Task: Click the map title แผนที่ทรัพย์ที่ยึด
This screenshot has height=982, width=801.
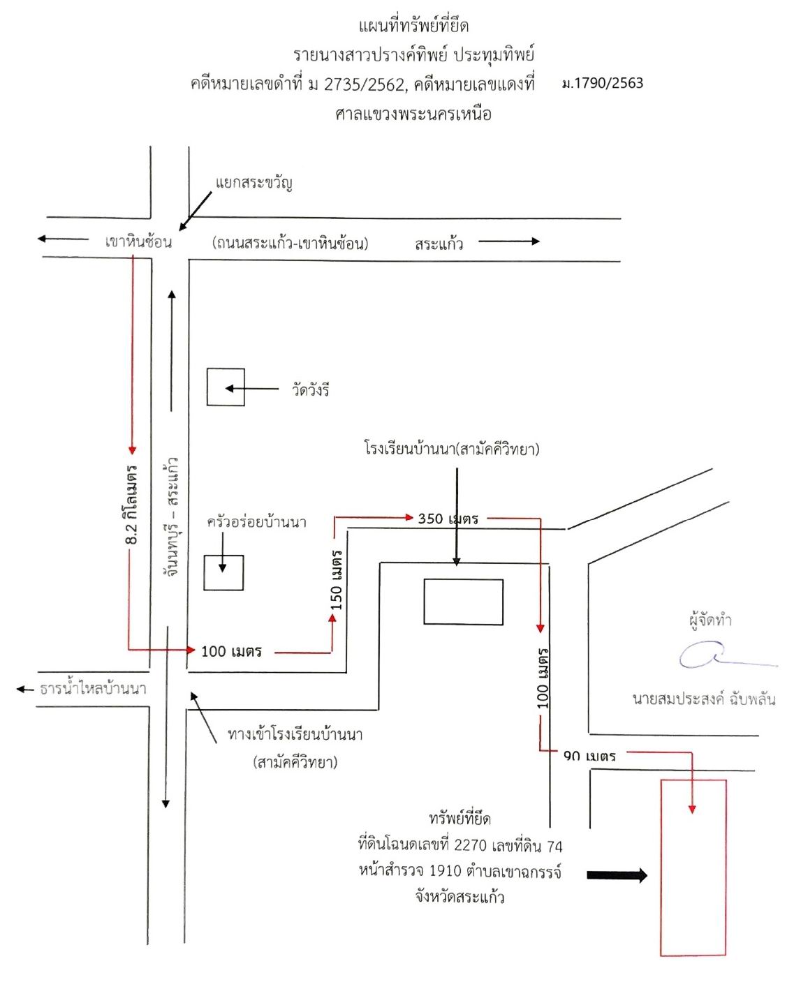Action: pos(413,26)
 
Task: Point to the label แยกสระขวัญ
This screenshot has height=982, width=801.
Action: pos(254,182)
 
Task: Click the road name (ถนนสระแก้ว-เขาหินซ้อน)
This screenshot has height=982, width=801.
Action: pos(291,243)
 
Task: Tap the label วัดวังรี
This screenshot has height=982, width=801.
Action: pos(310,389)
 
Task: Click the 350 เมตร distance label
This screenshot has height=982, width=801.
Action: pos(448,519)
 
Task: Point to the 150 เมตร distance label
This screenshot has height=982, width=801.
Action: pos(337,580)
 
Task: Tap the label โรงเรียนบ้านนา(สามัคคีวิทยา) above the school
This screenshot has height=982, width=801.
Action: pos(452,449)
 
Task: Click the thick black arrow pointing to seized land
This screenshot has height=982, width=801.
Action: pos(617,875)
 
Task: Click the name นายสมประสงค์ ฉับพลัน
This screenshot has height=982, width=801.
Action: pos(704,699)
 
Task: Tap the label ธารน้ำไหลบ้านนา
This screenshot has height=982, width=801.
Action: pos(93,688)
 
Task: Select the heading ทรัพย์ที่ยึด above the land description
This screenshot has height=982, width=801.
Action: pos(460,818)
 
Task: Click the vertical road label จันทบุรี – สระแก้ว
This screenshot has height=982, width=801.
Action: pos(171,517)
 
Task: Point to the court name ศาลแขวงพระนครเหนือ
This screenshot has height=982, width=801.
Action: pos(413,114)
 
